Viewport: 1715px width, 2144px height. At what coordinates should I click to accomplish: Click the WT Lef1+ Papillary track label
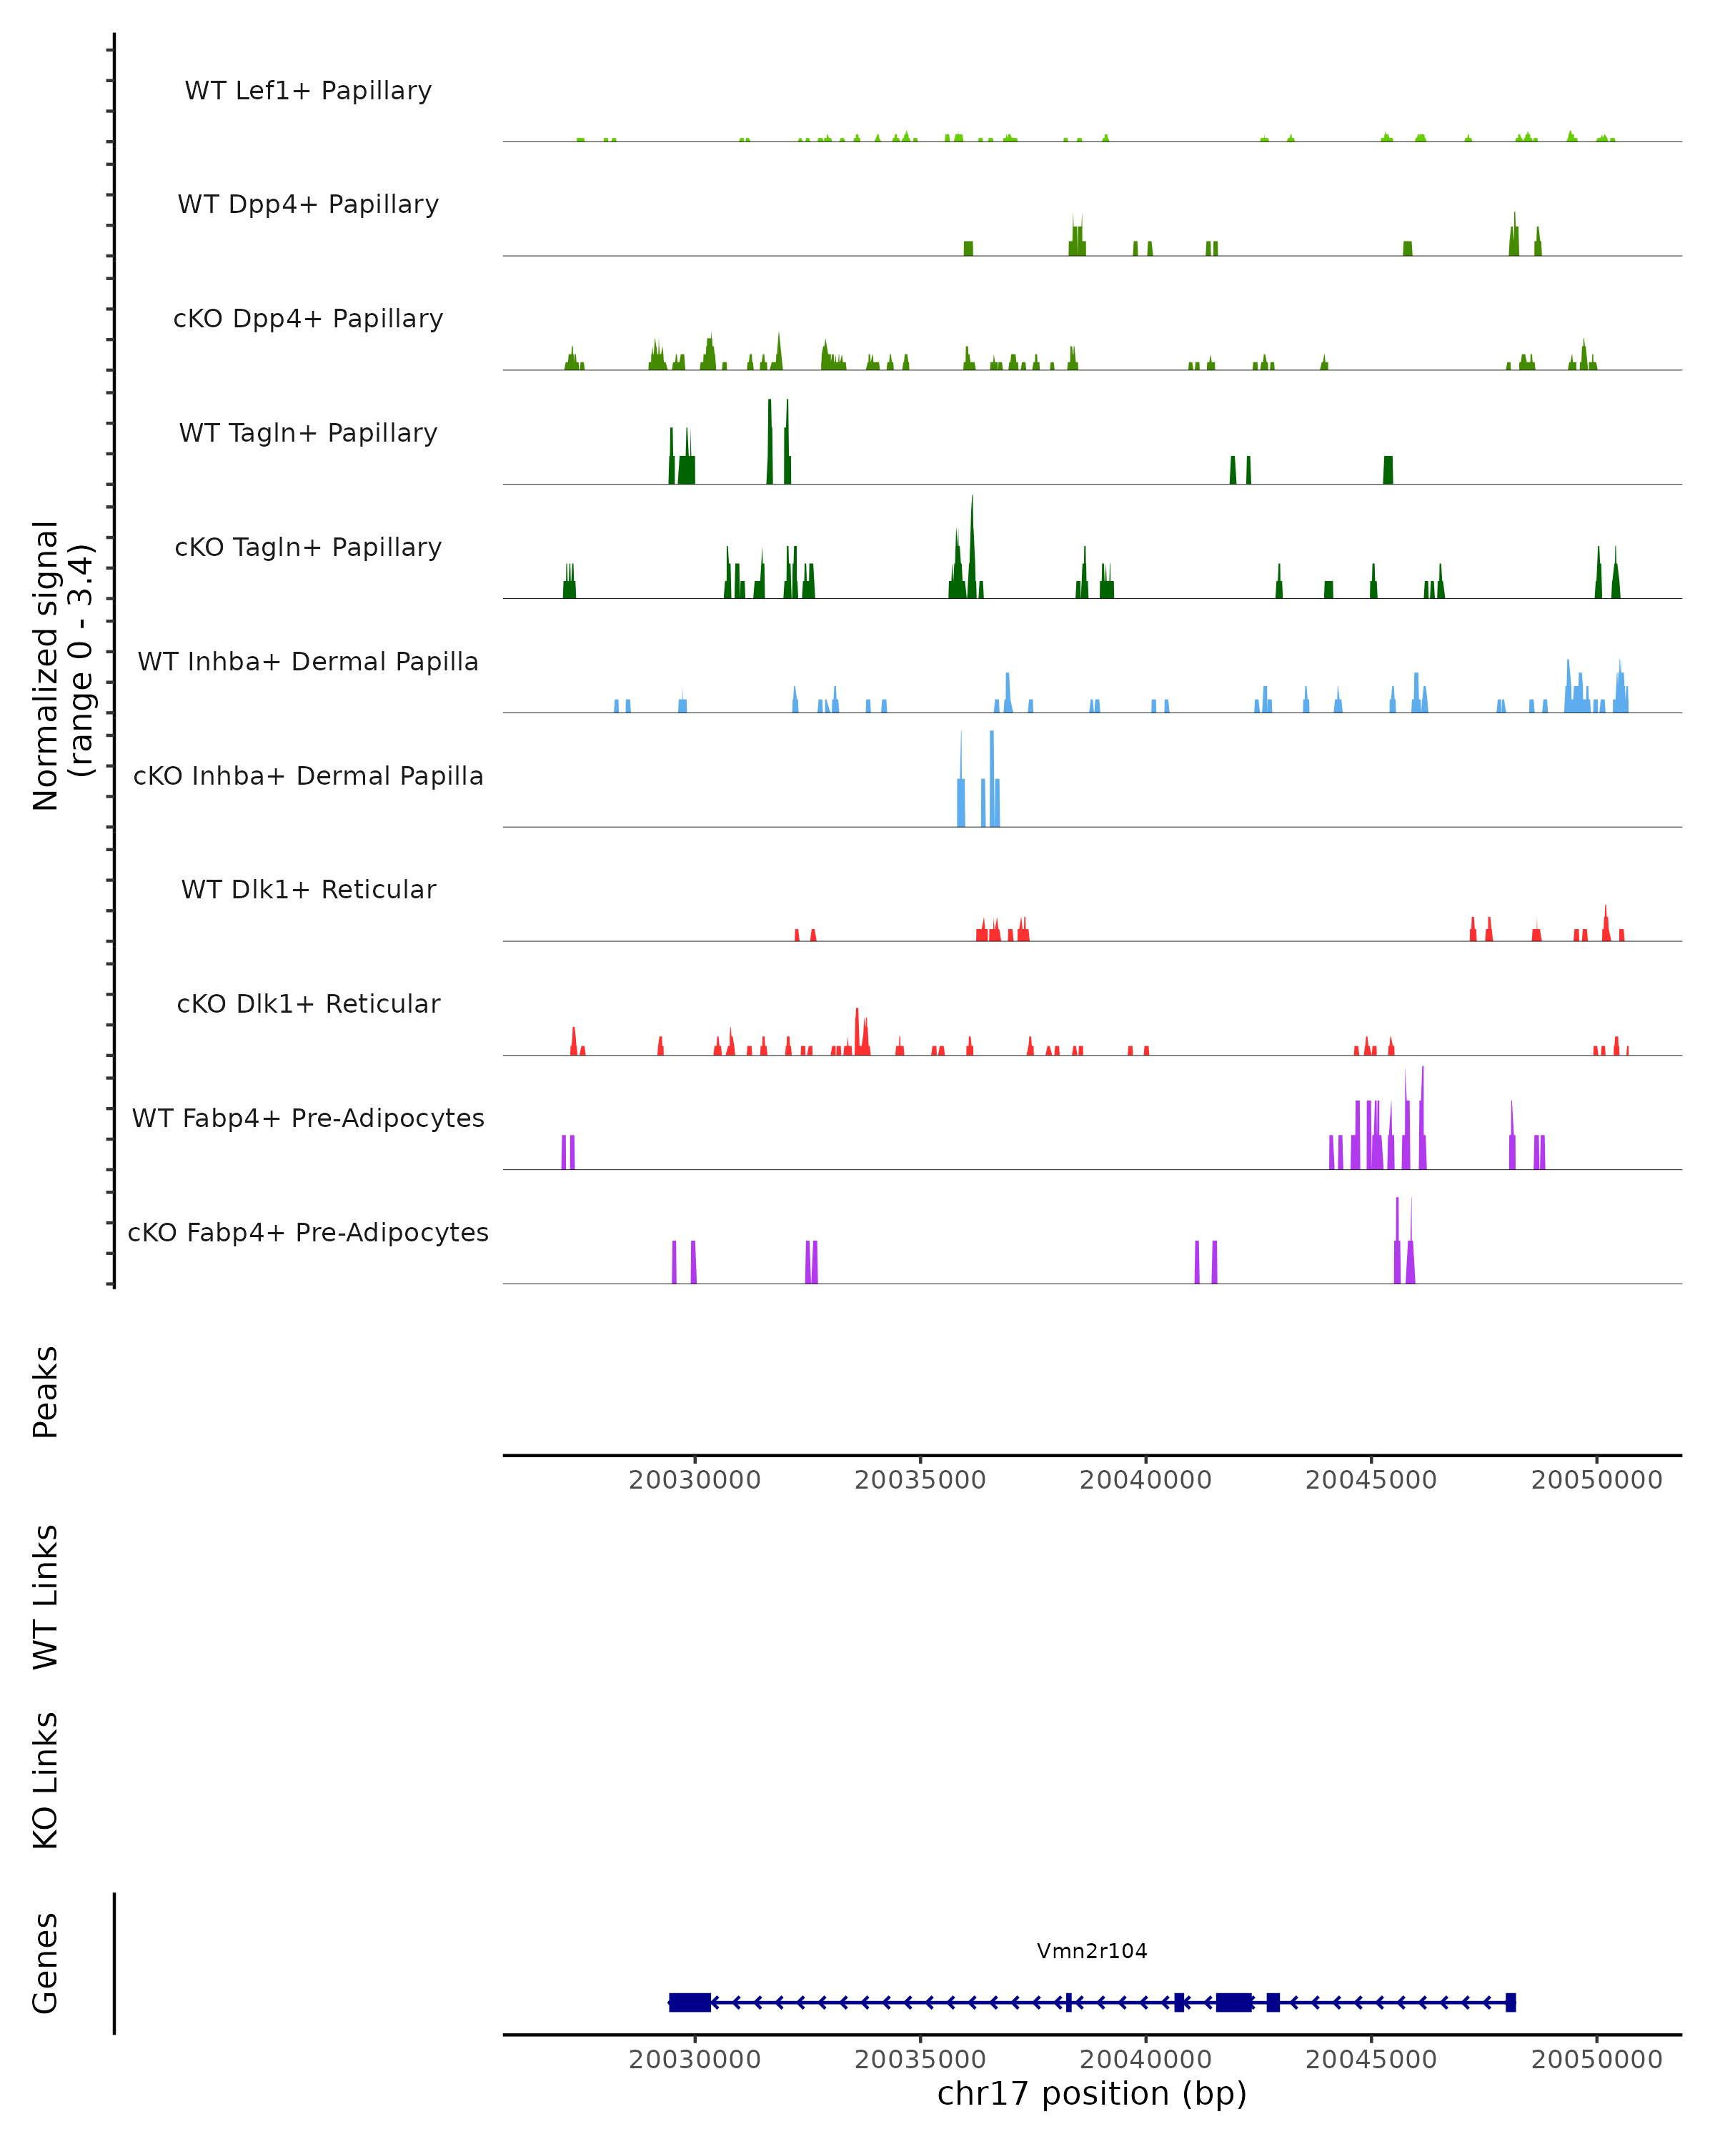tap(308, 91)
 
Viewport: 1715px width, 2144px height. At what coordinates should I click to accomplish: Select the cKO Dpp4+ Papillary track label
tap(308, 319)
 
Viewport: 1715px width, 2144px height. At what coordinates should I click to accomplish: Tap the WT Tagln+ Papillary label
tap(308, 434)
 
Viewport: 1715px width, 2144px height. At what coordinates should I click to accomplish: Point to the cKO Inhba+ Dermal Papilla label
tap(308, 777)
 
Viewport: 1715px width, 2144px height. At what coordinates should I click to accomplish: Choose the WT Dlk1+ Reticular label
tap(308, 890)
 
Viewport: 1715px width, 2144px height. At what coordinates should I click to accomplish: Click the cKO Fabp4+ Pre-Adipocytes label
tap(308, 1233)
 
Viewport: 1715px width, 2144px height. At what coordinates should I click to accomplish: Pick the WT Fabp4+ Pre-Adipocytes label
tap(308, 1118)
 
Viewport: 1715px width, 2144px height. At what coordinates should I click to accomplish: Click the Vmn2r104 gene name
tap(1092, 1951)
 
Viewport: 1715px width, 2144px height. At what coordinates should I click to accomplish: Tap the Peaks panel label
tap(46, 1392)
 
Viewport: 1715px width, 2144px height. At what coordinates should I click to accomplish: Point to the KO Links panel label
tap(46, 1781)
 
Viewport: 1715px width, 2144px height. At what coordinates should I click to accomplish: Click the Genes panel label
tap(46, 1964)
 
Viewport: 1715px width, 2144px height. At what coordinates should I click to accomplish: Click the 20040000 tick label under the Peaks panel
tap(1145, 1480)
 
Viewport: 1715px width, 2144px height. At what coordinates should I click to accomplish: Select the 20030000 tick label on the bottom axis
tap(694, 2060)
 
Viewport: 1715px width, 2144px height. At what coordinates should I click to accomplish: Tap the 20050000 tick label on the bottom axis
tap(1596, 2060)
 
